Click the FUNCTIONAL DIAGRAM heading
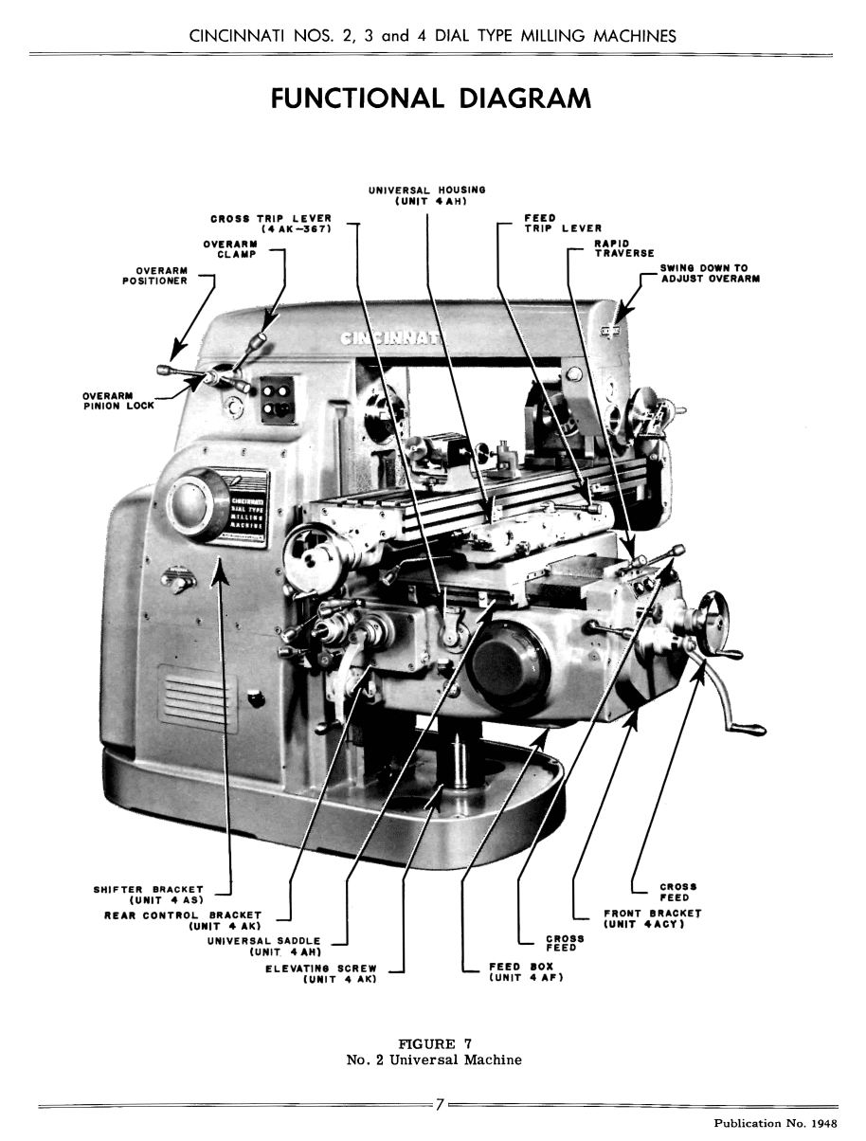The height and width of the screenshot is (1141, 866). coord(431,99)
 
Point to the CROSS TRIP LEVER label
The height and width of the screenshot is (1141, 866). coord(271,224)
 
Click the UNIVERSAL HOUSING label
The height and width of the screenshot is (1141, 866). coord(426,195)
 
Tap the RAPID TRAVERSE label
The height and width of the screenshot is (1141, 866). coord(624,247)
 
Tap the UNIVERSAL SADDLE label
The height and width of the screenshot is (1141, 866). coord(265,946)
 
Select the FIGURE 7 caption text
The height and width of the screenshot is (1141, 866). coord(435,1053)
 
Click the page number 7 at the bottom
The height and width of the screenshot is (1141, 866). coord(440,1105)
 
